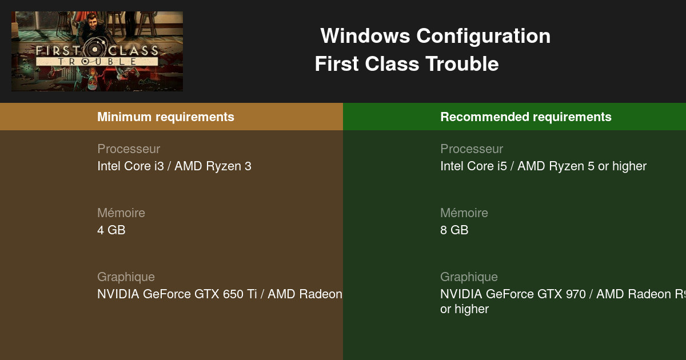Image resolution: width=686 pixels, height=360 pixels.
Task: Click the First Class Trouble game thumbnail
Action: (97, 51)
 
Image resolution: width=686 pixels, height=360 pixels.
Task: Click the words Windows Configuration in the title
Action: (435, 36)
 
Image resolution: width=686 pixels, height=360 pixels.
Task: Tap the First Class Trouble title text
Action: (406, 64)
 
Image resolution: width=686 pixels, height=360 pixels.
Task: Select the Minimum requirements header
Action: (166, 117)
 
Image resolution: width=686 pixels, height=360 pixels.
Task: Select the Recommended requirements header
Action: (526, 117)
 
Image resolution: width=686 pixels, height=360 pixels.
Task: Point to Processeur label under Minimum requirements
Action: (129, 149)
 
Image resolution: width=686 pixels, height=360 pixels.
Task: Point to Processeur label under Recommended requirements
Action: (472, 149)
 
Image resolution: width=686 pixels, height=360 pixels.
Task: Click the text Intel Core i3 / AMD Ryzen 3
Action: (174, 166)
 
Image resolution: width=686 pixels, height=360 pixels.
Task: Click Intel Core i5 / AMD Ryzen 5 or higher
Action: (543, 166)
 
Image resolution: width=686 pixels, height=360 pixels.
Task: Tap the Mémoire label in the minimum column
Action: (121, 213)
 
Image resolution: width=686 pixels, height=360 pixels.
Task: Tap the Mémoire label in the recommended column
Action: (464, 213)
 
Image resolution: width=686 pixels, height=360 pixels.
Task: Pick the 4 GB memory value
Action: (111, 230)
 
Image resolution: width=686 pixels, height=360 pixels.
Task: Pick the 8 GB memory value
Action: (454, 230)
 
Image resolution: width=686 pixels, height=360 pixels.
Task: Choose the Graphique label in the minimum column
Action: (126, 277)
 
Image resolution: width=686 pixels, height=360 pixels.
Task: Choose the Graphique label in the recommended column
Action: (469, 277)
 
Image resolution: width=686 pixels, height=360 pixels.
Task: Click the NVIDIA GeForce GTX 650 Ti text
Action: (177, 294)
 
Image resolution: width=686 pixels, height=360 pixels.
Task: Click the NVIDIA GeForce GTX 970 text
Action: (513, 294)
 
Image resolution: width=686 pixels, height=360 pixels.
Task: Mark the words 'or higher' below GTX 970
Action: (464, 309)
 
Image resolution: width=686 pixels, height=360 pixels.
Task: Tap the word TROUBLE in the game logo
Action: (97, 61)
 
